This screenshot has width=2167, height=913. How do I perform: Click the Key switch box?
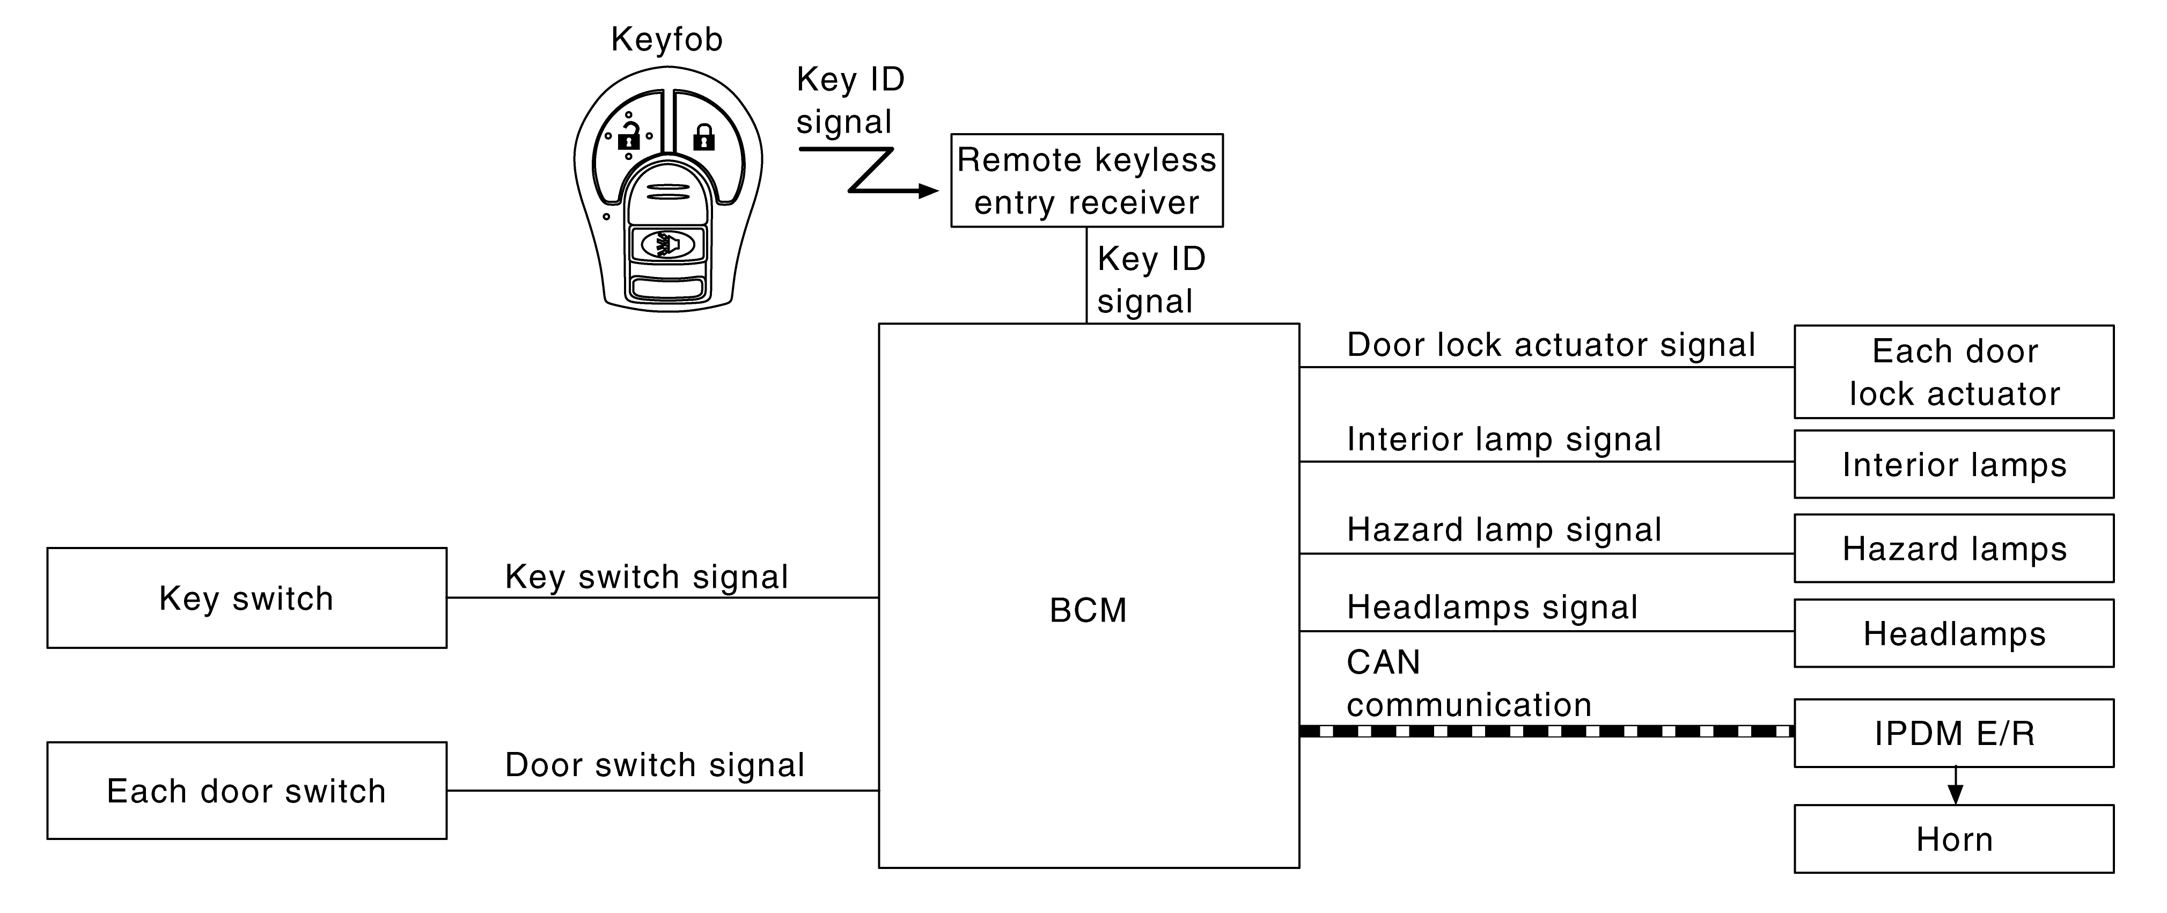pyautogui.click(x=246, y=597)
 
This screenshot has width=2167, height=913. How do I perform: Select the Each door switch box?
pyautogui.click(x=246, y=790)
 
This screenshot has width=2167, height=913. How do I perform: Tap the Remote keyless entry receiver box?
pyautogui.click(x=1087, y=180)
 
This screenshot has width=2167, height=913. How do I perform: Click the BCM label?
pyautogui.click(x=1088, y=610)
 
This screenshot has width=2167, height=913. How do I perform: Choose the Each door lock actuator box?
pyautogui.click(x=1954, y=372)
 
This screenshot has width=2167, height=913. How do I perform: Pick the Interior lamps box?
pyautogui.click(x=1954, y=464)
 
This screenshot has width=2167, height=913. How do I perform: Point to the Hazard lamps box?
pyautogui.click(x=1954, y=548)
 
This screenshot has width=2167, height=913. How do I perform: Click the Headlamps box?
pyautogui.click(x=1954, y=633)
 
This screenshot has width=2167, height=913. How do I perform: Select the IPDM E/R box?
pyautogui.click(x=1954, y=733)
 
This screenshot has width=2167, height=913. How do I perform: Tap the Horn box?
pyautogui.click(x=1954, y=839)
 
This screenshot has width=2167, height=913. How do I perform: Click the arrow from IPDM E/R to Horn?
pyautogui.click(x=1955, y=786)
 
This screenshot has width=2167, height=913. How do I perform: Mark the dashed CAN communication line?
pyautogui.click(x=1547, y=731)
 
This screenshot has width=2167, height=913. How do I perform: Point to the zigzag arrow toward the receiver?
pyautogui.click(x=868, y=171)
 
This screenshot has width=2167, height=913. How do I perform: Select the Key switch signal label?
pyautogui.click(x=646, y=577)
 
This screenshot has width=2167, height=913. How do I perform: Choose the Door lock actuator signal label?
pyautogui.click(x=1551, y=345)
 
